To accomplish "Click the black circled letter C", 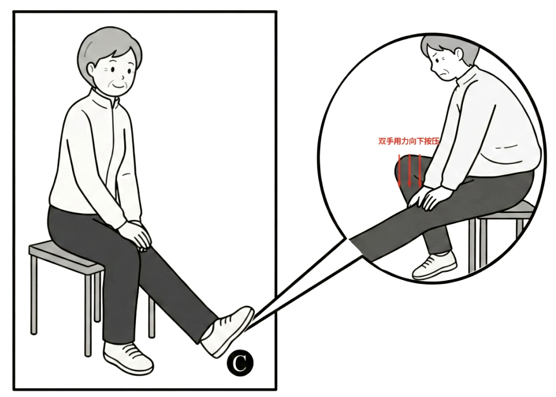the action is (x=240, y=363).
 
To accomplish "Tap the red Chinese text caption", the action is (x=409, y=141).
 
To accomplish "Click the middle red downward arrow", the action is (x=409, y=171).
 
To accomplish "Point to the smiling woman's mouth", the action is (x=118, y=86).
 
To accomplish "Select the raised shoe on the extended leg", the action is (x=228, y=331).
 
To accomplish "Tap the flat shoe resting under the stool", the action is (x=128, y=357).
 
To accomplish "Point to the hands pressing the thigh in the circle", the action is (x=428, y=197).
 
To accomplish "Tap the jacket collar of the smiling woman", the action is (x=106, y=98).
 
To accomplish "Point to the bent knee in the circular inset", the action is (x=404, y=168).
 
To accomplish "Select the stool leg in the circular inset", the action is (x=473, y=245).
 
